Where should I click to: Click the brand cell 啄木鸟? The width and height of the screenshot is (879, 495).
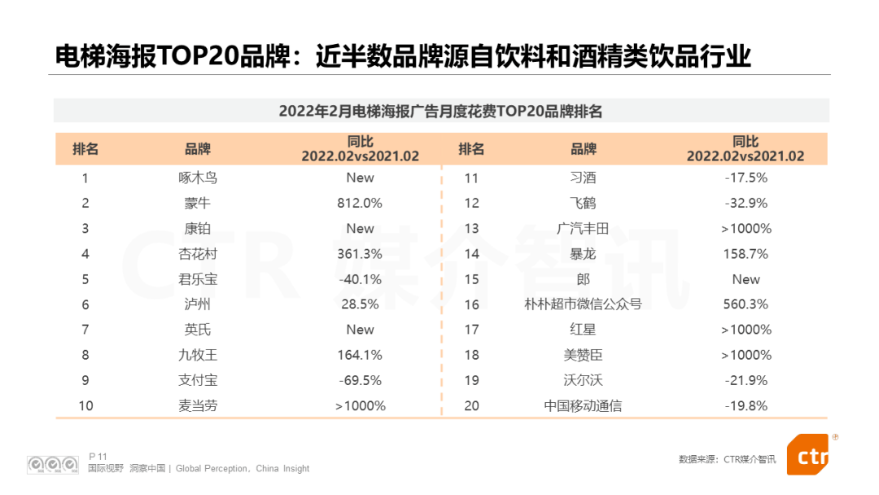198,177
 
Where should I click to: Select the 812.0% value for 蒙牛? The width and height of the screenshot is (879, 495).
360,203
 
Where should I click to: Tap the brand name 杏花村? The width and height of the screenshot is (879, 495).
198,254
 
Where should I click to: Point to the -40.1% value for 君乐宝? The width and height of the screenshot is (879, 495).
360,279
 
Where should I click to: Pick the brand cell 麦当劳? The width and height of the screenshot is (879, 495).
198,405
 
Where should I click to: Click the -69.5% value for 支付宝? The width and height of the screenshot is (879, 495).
360,380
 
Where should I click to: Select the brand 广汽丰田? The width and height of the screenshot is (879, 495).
583,229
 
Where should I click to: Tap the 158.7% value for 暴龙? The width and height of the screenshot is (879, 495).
746,254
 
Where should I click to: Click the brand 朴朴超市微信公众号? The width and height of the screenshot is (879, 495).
583,304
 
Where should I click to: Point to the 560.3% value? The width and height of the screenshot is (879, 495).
746,304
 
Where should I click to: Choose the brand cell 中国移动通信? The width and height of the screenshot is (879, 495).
583,405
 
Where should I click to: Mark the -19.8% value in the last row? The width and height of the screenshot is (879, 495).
746,405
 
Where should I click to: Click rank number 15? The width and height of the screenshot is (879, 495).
471,279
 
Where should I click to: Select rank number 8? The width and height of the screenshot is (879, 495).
85,355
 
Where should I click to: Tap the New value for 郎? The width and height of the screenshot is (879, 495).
746,279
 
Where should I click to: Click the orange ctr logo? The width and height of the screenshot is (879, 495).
809,455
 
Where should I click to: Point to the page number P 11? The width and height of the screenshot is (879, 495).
98,456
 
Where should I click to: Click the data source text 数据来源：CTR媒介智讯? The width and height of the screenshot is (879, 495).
727,459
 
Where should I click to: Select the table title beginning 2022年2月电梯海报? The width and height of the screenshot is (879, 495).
440,111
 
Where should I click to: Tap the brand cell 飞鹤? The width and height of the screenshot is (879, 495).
583,203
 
